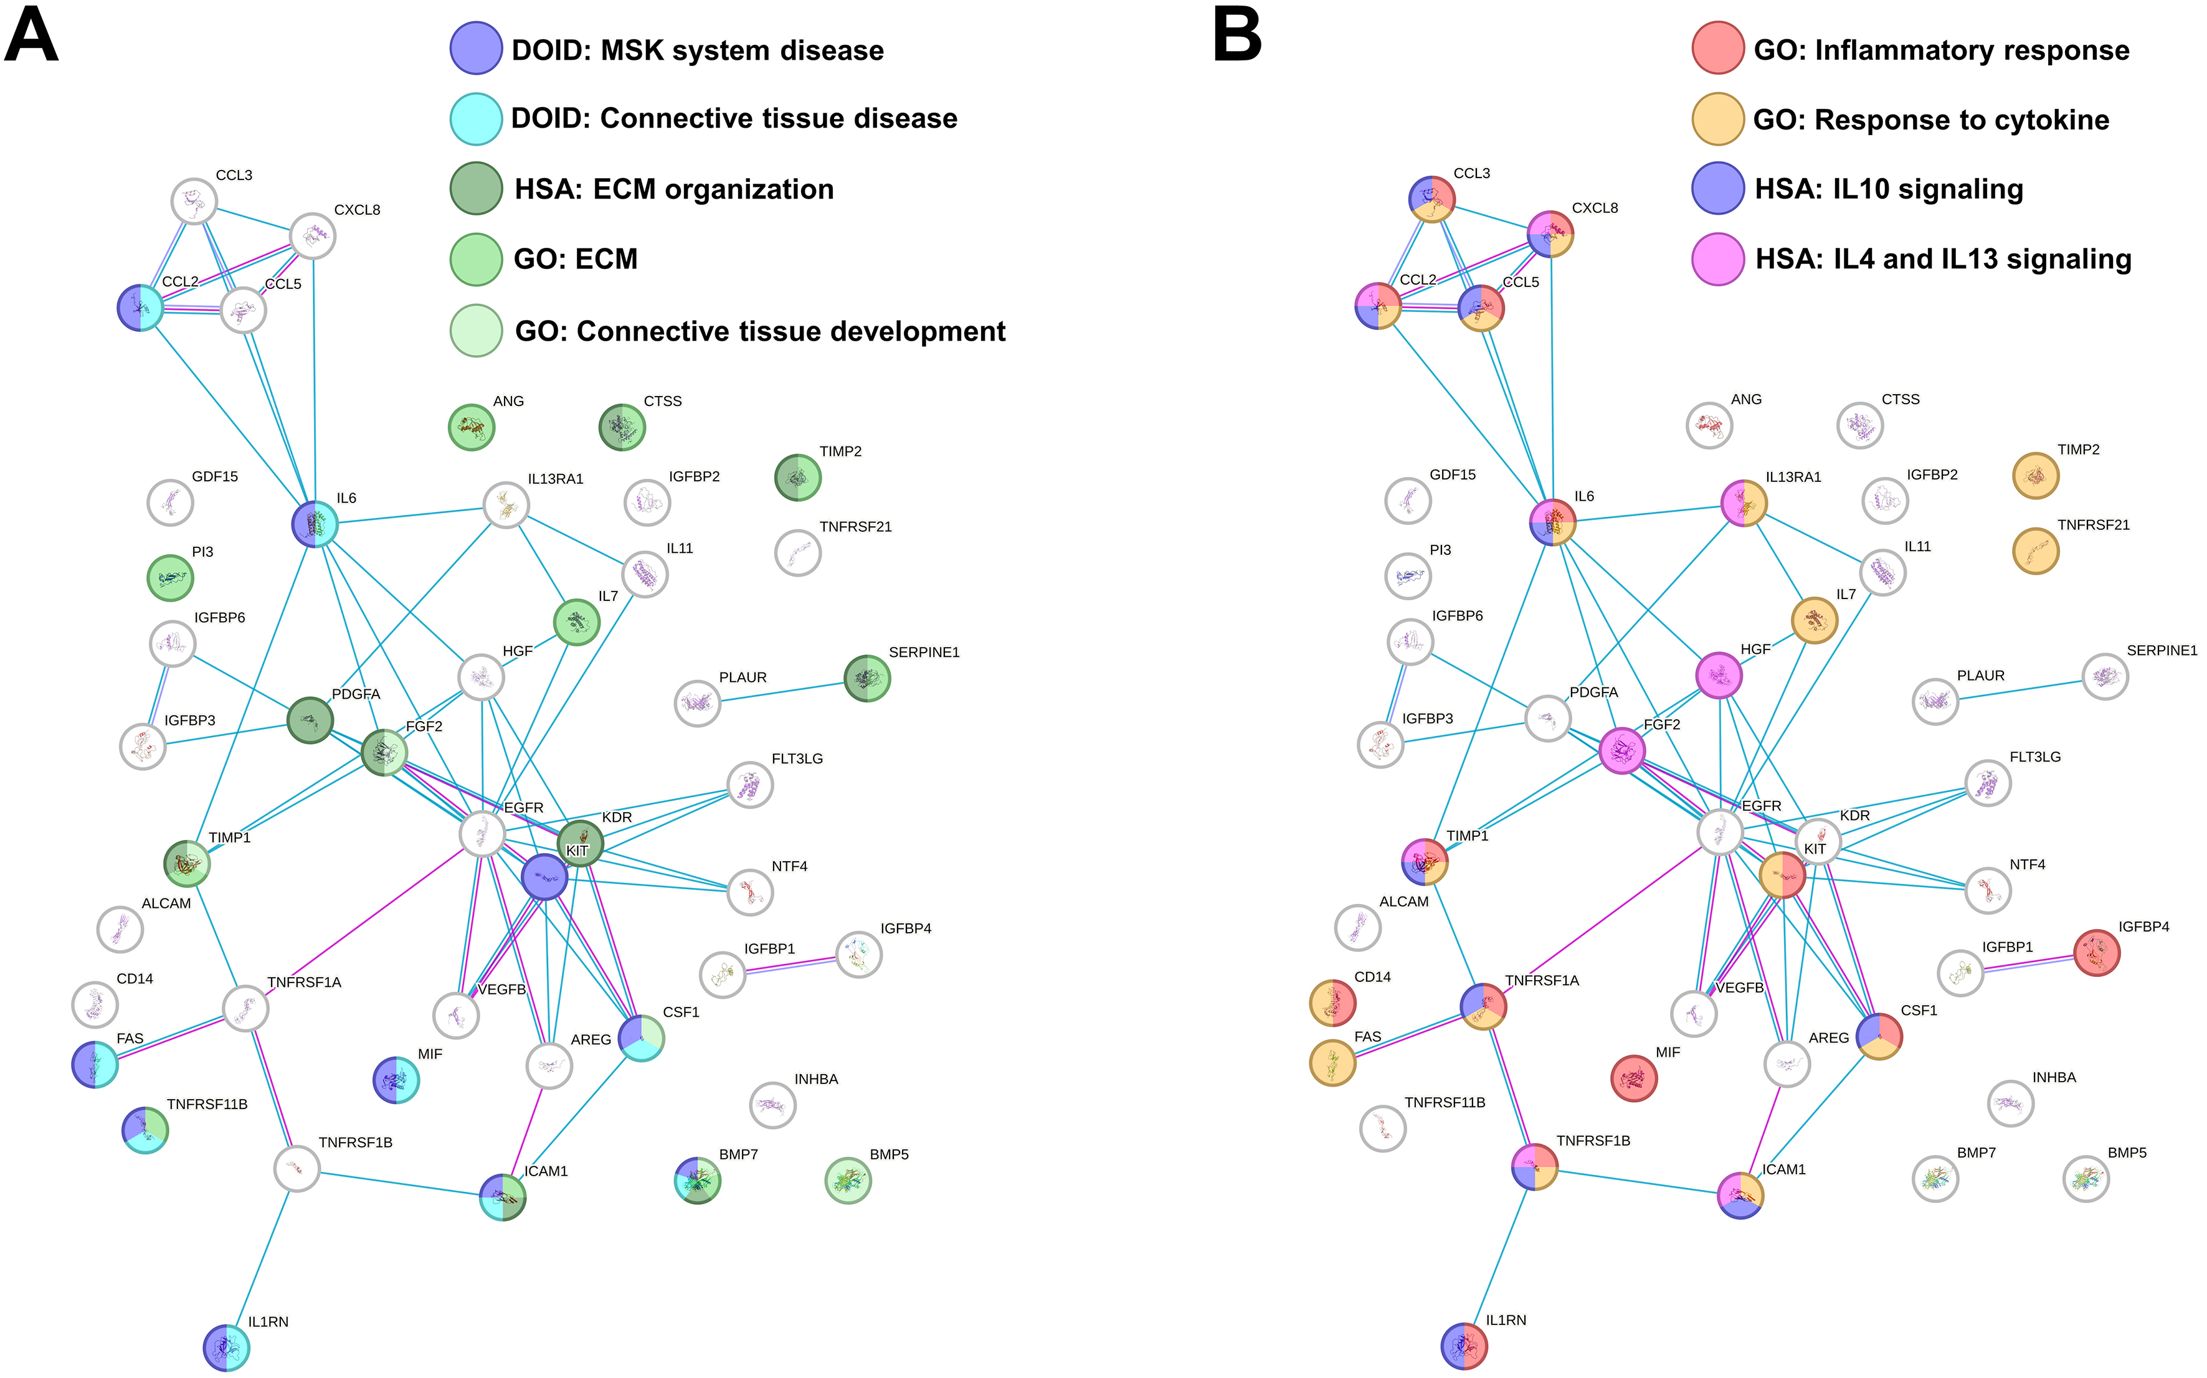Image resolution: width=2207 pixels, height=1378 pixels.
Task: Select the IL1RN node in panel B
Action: [1463, 1345]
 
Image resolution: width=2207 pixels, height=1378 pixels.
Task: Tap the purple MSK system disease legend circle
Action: [476, 49]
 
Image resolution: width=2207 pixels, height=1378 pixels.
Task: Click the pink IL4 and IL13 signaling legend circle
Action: [1717, 259]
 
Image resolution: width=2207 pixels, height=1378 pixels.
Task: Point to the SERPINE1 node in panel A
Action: [866, 679]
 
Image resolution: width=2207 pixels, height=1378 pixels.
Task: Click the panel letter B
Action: [1237, 37]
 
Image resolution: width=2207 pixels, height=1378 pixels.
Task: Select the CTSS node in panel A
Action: [622, 427]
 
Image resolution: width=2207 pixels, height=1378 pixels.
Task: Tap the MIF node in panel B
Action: [1633, 1078]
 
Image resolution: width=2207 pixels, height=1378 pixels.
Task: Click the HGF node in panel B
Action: [1719, 676]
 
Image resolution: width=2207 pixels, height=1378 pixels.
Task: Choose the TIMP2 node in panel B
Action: [2034, 475]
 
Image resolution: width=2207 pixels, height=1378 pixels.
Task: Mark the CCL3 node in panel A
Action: [194, 201]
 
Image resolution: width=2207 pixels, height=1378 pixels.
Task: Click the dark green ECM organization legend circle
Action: [476, 189]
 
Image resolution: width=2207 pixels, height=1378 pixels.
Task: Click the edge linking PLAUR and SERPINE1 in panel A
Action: [782, 691]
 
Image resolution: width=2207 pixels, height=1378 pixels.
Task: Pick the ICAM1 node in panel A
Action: [502, 1197]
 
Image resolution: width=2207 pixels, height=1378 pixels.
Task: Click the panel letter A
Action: [31, 37]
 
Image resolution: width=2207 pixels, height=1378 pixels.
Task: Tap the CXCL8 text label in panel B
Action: [1595, 208]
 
